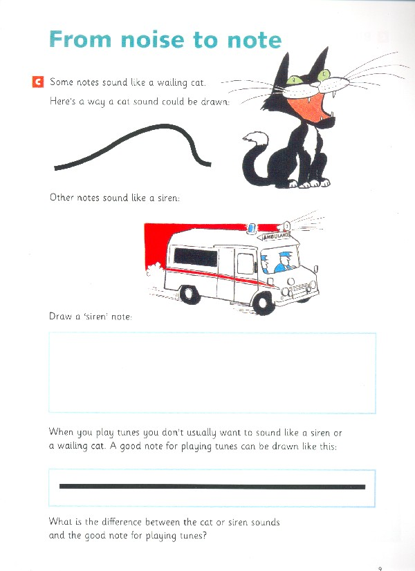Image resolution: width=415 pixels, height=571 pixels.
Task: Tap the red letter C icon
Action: click(x=37, y=82)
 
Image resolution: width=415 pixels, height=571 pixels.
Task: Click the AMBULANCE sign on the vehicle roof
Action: click(x=276, y=236)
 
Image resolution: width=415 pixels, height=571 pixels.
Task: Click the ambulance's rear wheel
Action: click(x=190, y=294)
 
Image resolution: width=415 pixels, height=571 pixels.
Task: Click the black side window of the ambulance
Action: click(x=195, y=256)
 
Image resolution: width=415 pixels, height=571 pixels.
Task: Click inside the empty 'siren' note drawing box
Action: click(x=212, y=373)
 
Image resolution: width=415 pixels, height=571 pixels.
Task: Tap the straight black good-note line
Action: click(x=212, y=487)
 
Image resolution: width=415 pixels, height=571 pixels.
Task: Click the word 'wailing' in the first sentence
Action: click(x=172, y=83)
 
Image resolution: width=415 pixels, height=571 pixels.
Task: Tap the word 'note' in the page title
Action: click(x=255, y=40)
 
